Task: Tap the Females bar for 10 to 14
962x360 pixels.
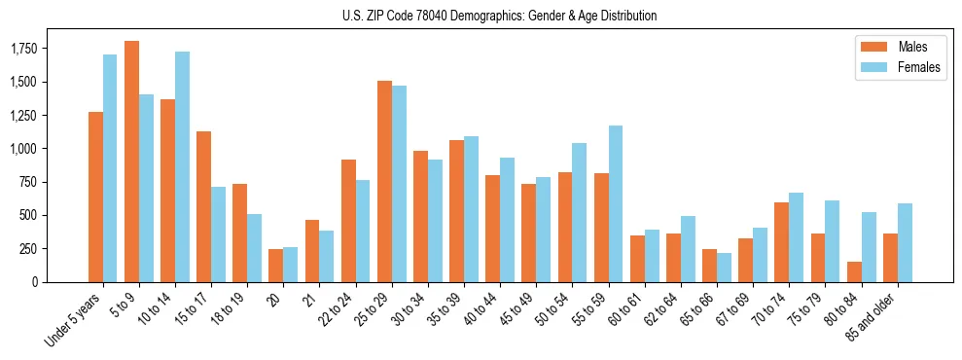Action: [x=182, y=166]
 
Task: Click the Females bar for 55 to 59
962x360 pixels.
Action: [x=616, y=203]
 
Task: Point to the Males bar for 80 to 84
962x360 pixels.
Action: [x=854, y=271]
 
